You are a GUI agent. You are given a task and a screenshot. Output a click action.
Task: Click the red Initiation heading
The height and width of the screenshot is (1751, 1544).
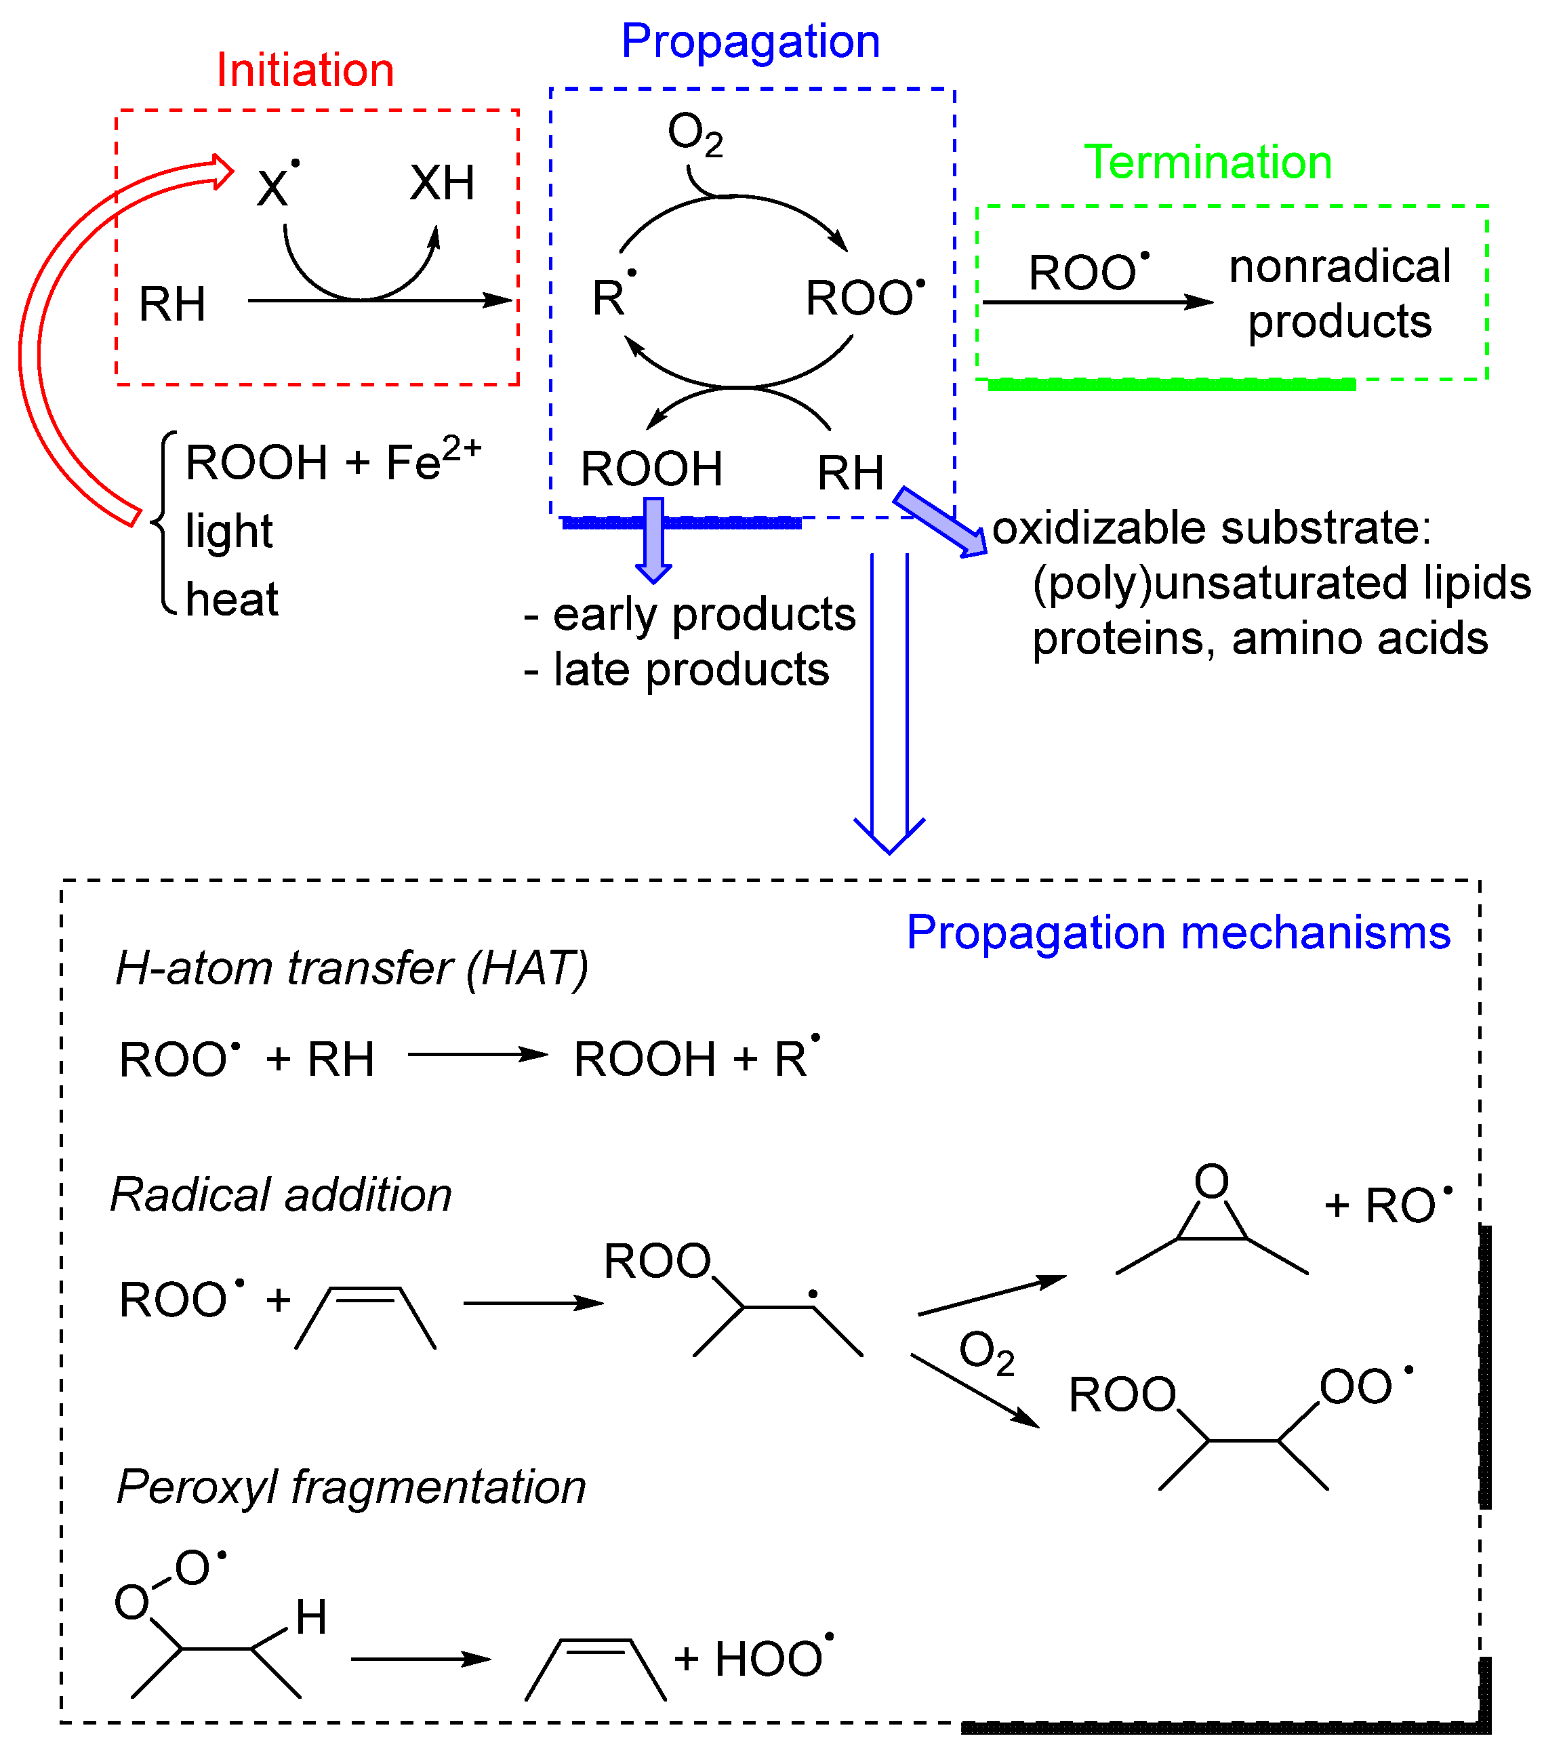point(305,71)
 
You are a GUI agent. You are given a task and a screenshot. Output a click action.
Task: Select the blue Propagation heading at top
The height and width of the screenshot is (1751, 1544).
point(750,41)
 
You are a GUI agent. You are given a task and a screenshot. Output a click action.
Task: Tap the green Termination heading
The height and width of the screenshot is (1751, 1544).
point(1207,162)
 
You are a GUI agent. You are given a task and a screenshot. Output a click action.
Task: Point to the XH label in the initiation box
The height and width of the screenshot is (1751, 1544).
point(442,183)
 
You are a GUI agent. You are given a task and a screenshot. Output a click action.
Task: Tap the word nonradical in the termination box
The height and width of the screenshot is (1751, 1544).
point(1339,266)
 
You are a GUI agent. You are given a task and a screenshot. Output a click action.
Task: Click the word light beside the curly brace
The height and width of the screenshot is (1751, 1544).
point(228,532)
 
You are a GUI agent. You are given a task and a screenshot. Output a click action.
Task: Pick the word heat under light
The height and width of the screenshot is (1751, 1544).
point(231,599)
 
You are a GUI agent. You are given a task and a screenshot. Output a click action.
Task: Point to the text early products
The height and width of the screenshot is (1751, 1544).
point(702,614)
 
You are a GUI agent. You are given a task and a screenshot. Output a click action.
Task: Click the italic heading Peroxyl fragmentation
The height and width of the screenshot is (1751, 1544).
point(351,1487)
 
